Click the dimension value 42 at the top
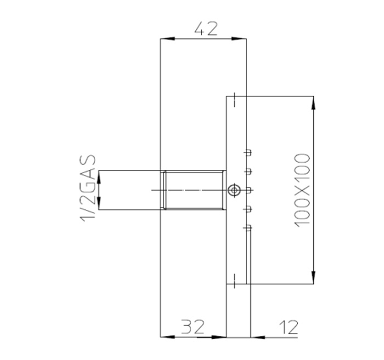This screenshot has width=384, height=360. [x=206, y=28]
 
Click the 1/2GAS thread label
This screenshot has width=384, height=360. [x=88, y=189]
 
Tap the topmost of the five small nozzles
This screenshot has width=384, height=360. [x=249, y=152]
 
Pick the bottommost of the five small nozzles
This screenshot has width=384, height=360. [x=249, y=226]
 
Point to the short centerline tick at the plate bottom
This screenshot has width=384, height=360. [x=234, y=279]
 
